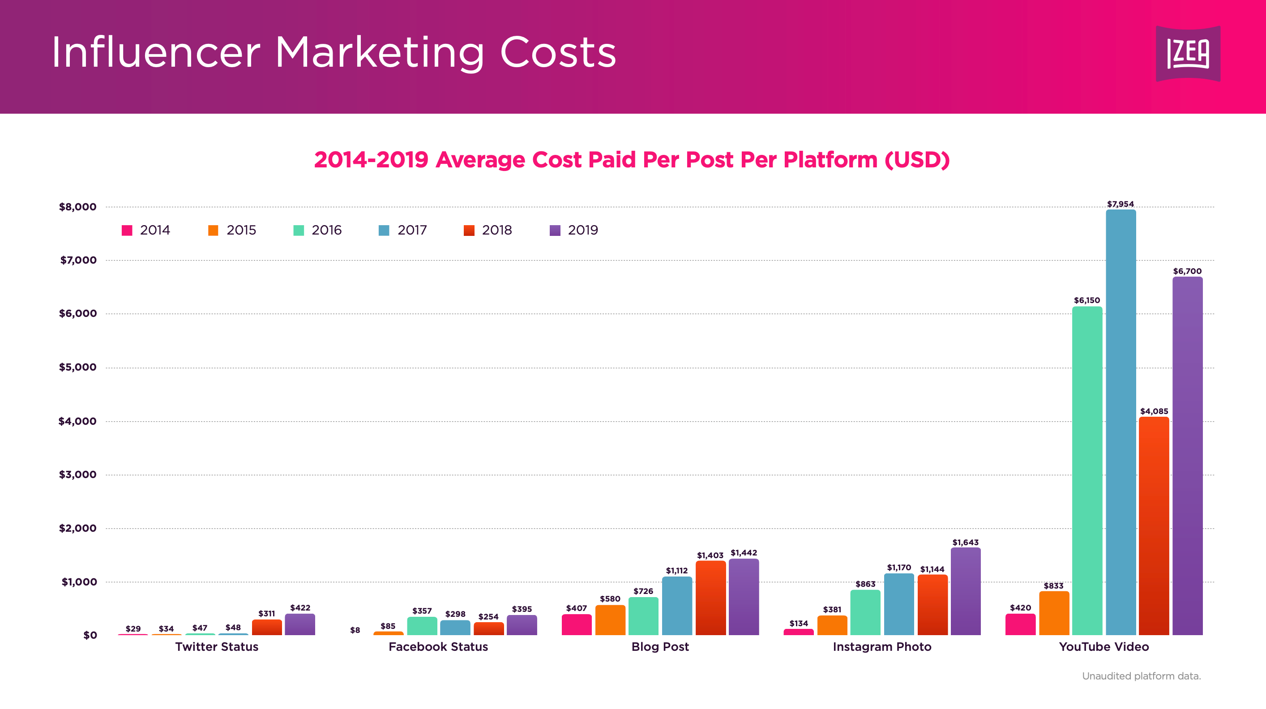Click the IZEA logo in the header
click(x=1188, y=54)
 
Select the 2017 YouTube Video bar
click(x=1121, y=423)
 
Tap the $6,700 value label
click(x=1187, y=271)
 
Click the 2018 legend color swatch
click(x=469, y=231)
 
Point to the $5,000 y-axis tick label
click(x=77, y=367)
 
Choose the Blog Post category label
click(x=660, y=647)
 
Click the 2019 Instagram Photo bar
click(x=965, y=592)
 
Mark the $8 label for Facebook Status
click(x=355, y=630)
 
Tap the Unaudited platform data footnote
click(x=1141, y=676)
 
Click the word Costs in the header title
click(x=558, y=52)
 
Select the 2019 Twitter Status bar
click(x=300, y=624)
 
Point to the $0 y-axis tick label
click(x=90, y=635)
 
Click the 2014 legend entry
click(x=146, y=230)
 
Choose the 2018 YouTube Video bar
click(x=1154, y=526)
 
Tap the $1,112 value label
click(x=676, y=570)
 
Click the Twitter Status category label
click(x=217, y=647)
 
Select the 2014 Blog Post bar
click(x=577, y=624)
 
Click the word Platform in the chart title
click(x=830, y=160)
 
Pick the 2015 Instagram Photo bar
click(x=832, y=625)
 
